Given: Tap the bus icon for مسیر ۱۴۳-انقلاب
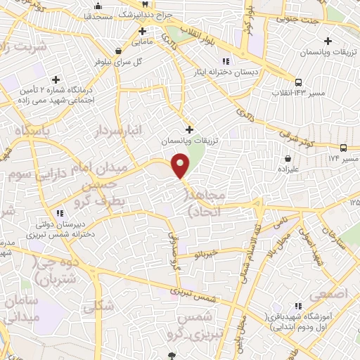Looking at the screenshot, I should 299,81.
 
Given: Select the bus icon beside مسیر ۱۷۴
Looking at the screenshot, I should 343,148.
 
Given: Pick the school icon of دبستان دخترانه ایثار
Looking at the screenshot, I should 225,60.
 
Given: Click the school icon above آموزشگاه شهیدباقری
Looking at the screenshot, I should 299,307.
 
